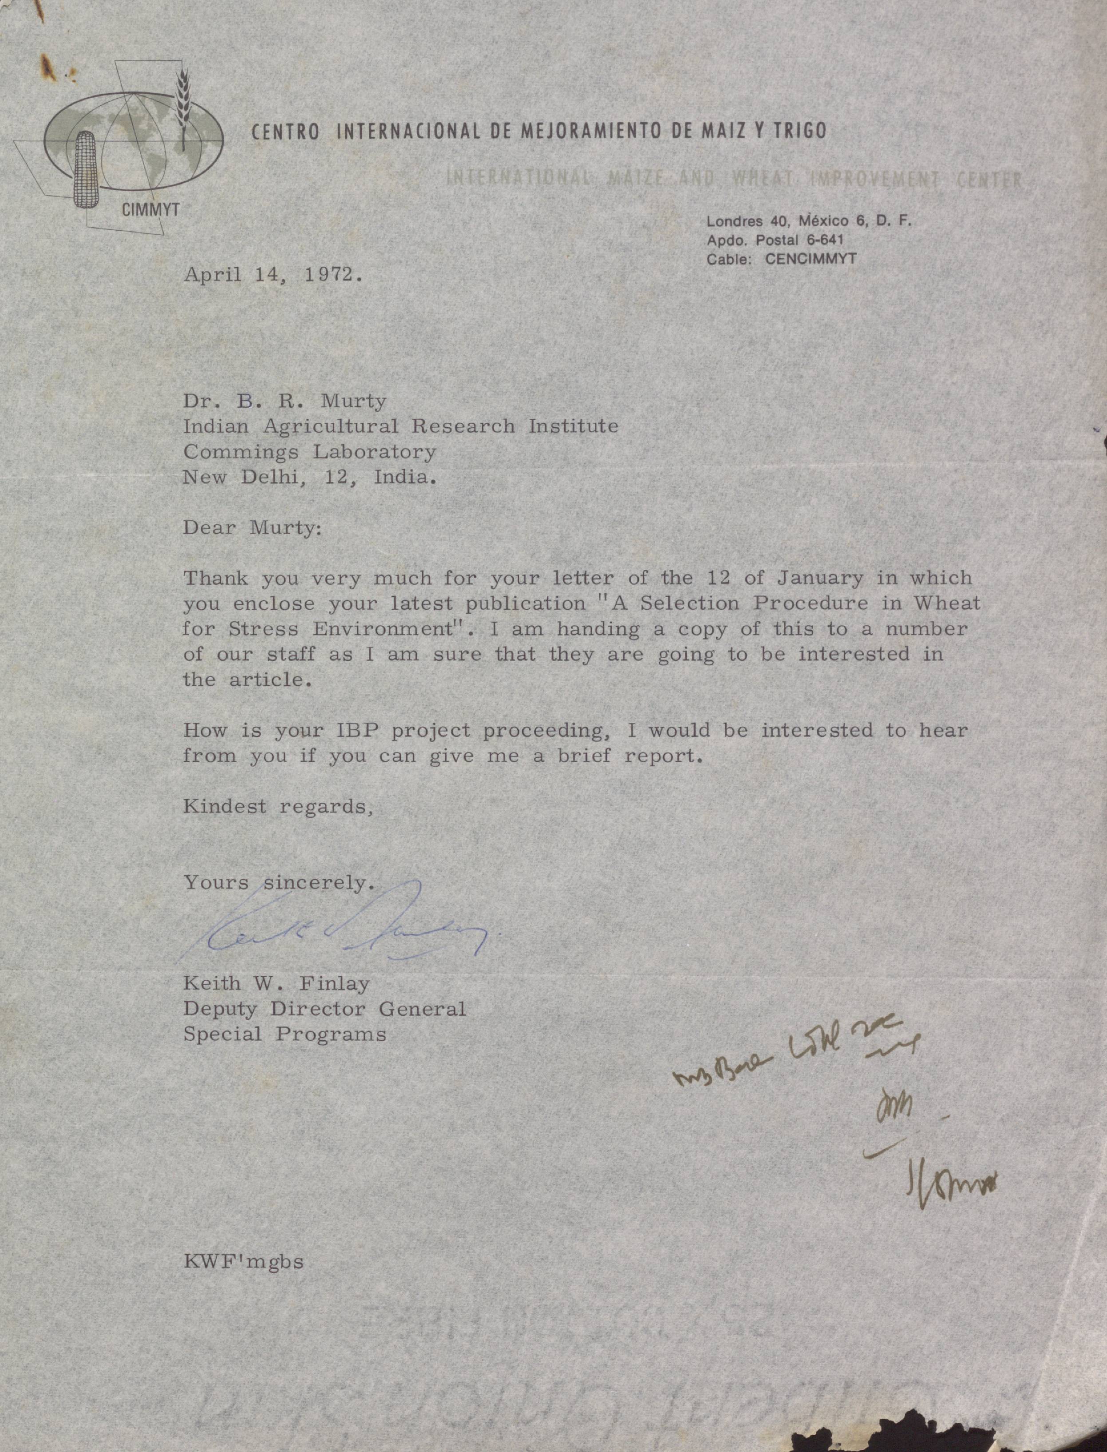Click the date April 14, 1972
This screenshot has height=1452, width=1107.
273,274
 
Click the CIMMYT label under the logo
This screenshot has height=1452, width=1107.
150,211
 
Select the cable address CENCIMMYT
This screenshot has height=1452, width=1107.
810,259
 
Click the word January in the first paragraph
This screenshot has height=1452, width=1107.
820,578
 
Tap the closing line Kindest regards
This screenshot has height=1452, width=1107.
278,806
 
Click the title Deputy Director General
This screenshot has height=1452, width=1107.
324,1009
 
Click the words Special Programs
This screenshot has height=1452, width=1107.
285,1034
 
